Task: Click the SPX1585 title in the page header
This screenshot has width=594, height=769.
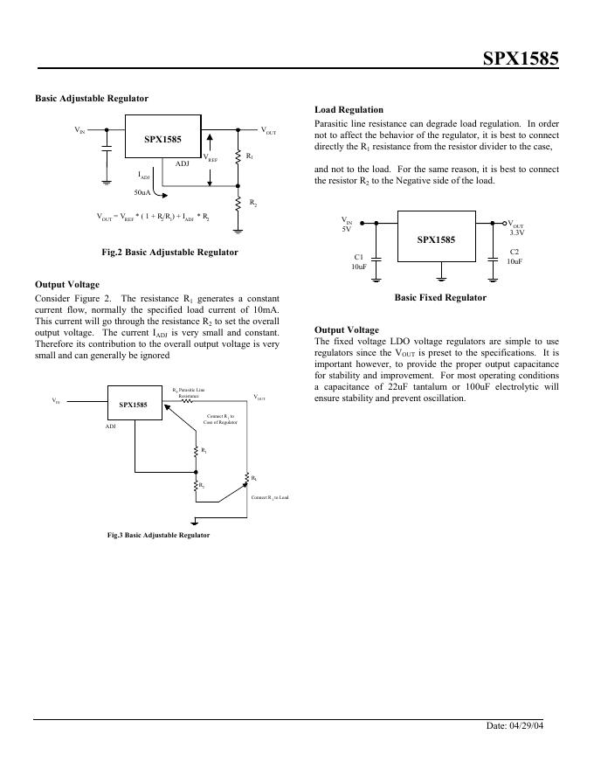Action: (x=521, y=59)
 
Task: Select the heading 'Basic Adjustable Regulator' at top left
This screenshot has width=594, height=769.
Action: (x=92, y=98)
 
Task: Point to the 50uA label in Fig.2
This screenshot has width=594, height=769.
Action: (x=142, y=191)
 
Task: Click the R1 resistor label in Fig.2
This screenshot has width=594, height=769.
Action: (x=250, y=156)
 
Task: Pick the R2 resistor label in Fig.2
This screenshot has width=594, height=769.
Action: (x=252, y=203)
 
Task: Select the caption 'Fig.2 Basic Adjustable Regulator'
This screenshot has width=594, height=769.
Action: (x=169, y=252)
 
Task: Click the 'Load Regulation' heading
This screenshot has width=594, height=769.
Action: (x=349, y=109)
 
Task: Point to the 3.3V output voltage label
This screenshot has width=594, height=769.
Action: (x=517, y=232)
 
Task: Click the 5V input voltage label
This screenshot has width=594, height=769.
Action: (x=346, y=229)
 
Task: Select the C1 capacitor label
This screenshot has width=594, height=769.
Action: (x=358, y=255)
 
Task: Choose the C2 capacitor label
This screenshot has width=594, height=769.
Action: (x=515, y=252)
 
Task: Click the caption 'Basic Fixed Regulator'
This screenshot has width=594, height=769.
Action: (x=440, y=297)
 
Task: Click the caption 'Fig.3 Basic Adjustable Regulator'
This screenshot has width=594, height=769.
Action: (x=158, y=534)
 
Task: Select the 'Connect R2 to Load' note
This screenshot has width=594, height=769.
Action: (x=269, y=497)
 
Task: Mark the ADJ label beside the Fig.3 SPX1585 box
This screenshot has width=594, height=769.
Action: (x=111, y=426)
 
